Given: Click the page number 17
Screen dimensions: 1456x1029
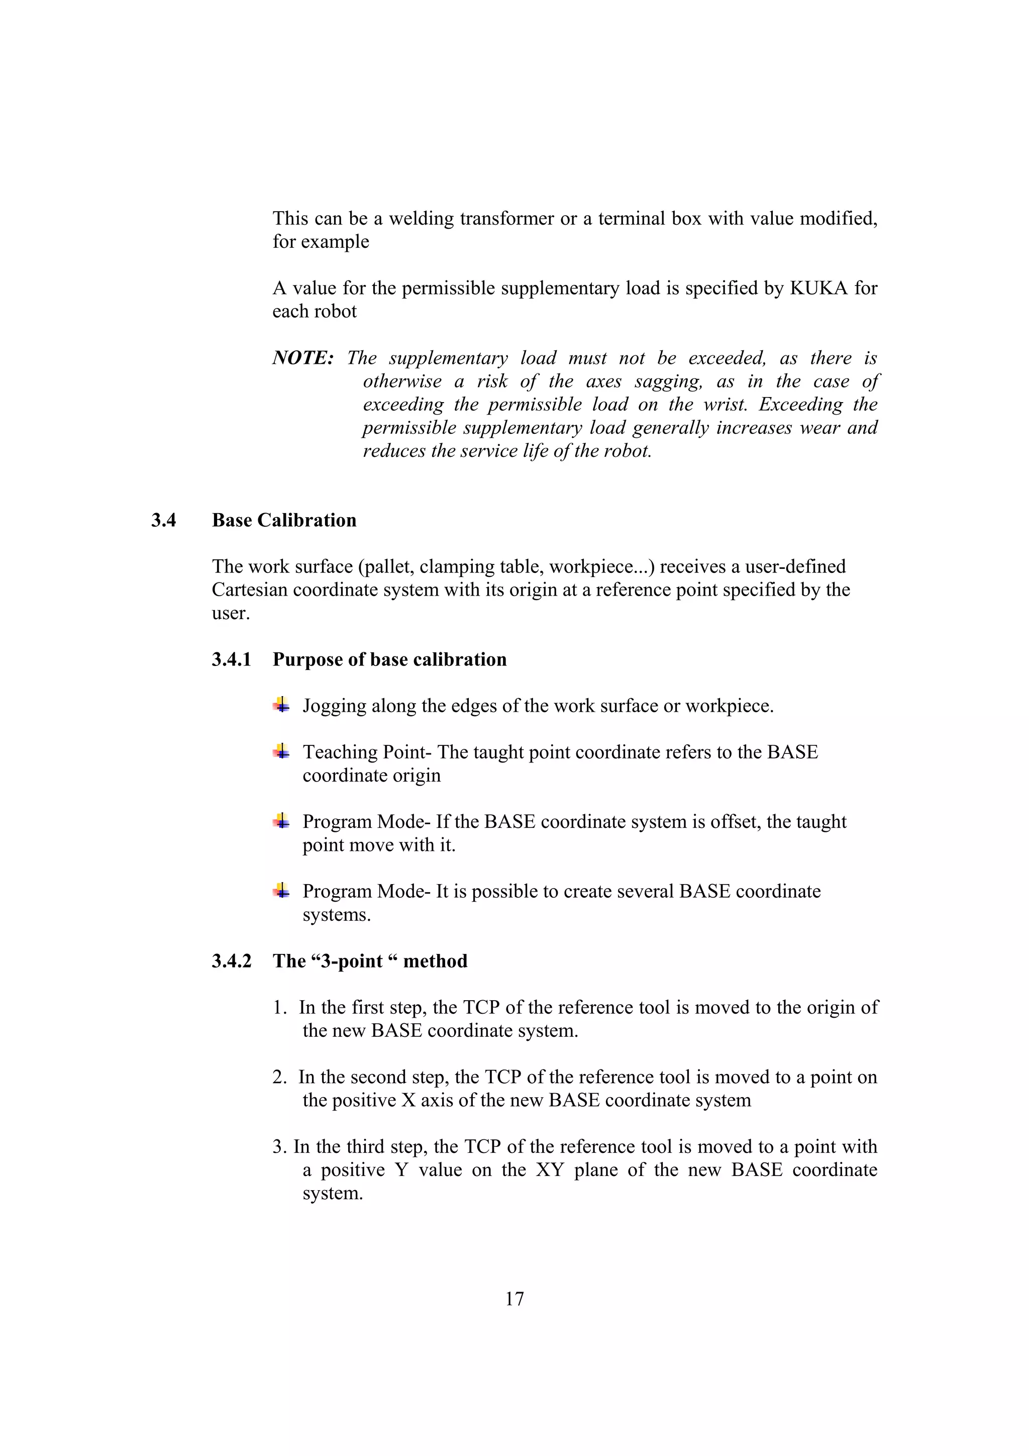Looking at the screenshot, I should click(x=514, y=1299).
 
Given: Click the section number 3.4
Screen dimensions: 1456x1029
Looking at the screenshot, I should click(x=164, y=520).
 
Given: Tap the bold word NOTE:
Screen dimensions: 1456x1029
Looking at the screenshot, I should click(x=303, y=358).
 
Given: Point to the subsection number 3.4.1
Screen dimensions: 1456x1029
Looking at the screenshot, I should click(x=232, y=659).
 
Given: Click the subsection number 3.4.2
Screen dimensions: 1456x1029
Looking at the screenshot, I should click(x=232, y=961).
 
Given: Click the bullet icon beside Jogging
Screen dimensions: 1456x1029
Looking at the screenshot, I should click(x=281, y=705).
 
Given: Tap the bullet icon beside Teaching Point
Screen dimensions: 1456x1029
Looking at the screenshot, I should click(x=281, y=751).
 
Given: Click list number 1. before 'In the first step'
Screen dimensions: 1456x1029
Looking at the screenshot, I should click(x=280, y=1008).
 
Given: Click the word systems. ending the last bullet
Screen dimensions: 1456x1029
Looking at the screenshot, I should click(x=336, y=915).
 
